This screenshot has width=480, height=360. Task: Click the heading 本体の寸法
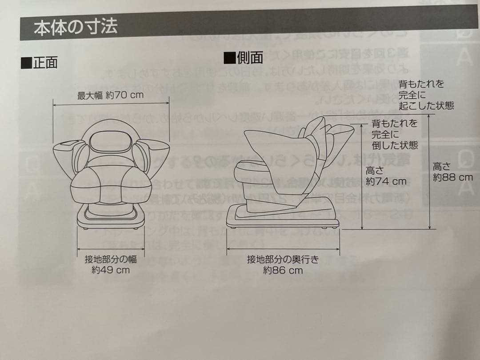[x=76, y=27]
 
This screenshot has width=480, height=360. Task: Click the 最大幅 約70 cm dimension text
[x=111, y=96]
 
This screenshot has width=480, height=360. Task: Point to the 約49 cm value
[x=111, y=270]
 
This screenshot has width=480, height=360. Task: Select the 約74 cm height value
[x=386, y=181]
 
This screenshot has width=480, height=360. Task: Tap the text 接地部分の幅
[x=111, y=260]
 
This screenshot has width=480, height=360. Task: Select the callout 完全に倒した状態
[x=395, y=134]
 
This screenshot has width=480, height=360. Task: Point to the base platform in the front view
[x=111, y=218]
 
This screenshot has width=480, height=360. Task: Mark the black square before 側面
[x=230, y=57]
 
